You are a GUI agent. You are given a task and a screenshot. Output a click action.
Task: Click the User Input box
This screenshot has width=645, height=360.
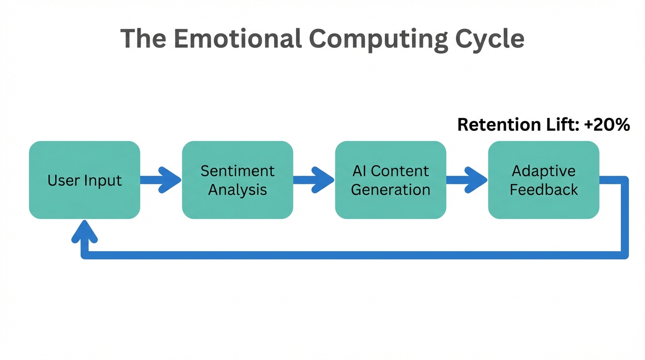(x=84, y=180)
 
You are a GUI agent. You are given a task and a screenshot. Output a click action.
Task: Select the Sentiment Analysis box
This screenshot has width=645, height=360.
(x=237, y=180)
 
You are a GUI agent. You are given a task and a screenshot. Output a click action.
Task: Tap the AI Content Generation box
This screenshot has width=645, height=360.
(x=390, y=180)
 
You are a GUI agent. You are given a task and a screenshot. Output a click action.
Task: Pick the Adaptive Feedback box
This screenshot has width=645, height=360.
(x=543, y=180)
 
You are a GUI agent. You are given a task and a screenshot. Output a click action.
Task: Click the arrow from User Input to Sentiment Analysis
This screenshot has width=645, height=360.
(x=161, y=180)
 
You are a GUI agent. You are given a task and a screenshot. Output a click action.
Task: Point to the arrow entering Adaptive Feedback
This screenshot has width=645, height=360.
(x=467, y=180)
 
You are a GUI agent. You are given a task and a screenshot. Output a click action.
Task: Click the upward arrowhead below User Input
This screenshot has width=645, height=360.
(x=84, y=231)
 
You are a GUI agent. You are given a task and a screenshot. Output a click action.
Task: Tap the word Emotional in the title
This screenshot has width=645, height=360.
(x=238, y=38)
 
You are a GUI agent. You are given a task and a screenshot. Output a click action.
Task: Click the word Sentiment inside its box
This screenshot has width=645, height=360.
(x=237, y=171)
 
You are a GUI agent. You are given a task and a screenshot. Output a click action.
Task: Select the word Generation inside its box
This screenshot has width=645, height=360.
(x=390, y=190)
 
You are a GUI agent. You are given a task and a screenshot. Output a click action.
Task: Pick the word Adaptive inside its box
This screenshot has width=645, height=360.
(x=543, y=171)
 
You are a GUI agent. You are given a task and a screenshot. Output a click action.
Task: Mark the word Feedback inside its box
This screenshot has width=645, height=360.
(x=544, y=190)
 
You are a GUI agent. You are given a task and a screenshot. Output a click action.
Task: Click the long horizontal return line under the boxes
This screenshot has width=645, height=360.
(x=352, y=255)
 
